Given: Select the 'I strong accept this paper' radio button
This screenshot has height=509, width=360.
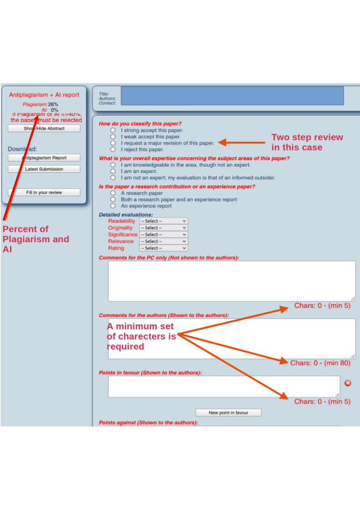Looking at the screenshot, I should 113,130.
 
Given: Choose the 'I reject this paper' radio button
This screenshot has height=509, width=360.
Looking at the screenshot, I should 113,149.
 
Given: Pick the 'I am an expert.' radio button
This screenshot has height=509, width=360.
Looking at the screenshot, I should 113,171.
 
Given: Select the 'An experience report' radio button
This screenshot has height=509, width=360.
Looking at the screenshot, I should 113,206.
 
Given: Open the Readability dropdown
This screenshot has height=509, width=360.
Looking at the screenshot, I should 164,221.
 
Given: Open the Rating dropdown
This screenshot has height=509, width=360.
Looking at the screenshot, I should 164,248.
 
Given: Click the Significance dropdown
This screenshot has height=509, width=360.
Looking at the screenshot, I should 164,234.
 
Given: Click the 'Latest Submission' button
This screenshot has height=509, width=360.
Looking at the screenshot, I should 44,169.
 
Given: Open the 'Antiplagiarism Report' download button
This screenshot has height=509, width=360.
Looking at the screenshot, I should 44,158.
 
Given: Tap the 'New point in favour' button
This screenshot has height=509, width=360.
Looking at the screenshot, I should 229,412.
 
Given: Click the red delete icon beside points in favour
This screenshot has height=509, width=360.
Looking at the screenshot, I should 348,383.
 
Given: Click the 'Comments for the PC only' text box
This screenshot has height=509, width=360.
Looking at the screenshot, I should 232,281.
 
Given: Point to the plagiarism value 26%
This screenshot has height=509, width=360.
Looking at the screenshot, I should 53,104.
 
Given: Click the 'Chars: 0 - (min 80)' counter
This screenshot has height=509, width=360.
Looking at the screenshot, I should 321,363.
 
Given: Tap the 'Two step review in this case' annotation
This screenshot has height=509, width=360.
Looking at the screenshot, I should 307,142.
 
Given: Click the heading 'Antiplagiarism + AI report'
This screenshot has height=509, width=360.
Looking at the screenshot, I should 44,95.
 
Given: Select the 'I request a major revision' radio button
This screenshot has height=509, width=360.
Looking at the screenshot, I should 113,143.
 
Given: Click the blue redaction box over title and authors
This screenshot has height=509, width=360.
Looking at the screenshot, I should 232,96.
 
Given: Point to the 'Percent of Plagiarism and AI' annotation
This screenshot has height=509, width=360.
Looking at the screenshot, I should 36,239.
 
